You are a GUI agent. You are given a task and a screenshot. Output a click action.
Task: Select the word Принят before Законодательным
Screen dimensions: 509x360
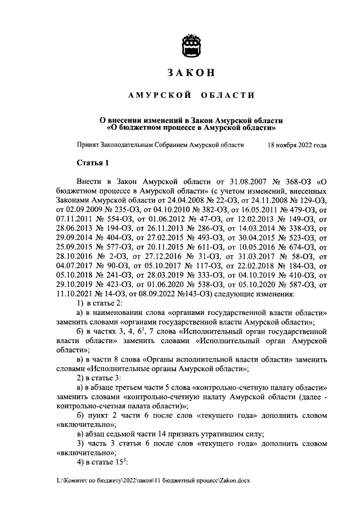tap(88, 145)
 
